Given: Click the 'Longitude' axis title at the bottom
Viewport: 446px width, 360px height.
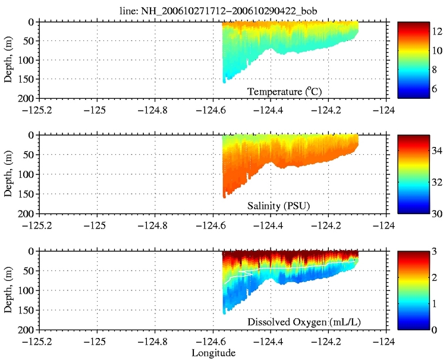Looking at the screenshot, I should [213, 353].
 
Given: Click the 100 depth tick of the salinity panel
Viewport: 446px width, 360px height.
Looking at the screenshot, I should [26, 175].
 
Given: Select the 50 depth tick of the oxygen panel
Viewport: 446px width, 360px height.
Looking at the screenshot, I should [28, 271].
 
